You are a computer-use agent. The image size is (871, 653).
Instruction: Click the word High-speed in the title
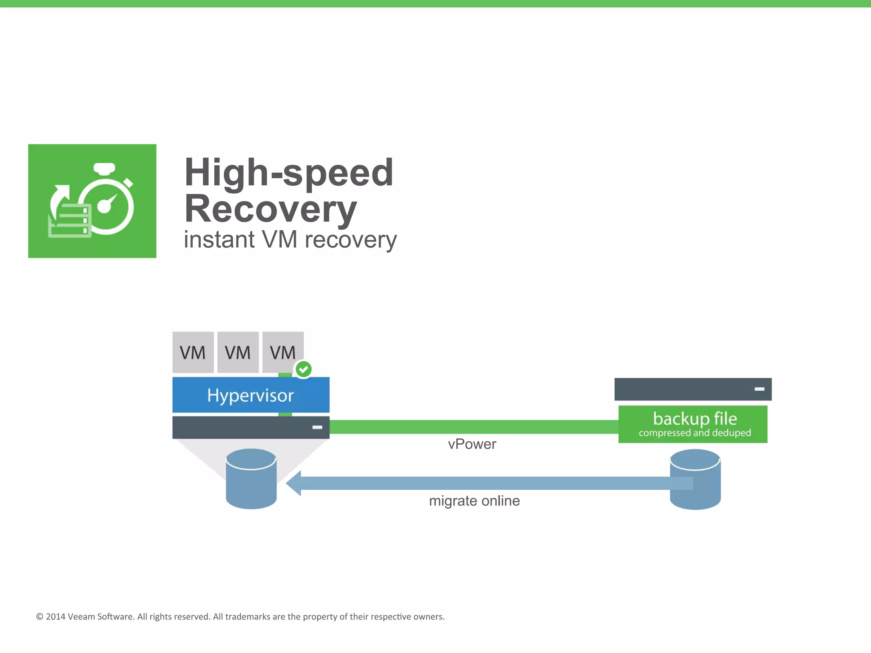289,173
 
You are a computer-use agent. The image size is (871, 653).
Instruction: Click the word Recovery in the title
270,209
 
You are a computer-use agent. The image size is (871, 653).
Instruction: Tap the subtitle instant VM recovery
290,240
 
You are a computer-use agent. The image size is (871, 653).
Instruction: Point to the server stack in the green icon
69,220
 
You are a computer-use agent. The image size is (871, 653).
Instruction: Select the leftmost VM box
193,352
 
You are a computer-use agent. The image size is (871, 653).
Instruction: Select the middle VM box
238,352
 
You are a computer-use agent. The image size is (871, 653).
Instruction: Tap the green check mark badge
304,369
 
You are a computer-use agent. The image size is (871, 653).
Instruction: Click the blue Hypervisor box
250,395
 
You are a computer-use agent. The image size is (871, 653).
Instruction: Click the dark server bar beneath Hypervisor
250,427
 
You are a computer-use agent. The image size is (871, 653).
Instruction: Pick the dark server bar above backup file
692,389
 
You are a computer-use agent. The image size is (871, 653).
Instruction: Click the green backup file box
693,424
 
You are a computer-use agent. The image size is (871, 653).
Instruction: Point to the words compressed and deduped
695,433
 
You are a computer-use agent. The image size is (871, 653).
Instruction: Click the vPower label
472,444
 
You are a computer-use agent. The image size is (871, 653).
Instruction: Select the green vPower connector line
472,427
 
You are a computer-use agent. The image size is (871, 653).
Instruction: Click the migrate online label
474,501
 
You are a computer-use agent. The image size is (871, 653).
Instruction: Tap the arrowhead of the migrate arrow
294,483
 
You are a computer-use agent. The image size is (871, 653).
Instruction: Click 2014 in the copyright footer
55,617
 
